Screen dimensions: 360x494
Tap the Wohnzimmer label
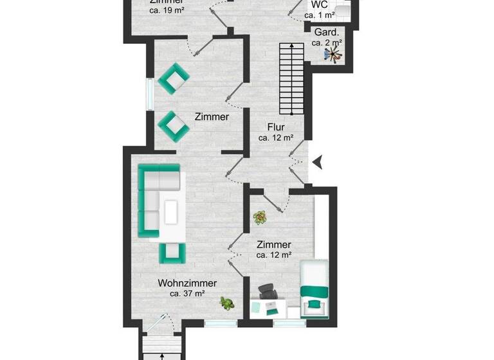tap(187, 283)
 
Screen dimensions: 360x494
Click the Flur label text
tap(276, 127)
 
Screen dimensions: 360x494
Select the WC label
tap(320, 4)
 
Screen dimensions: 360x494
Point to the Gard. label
tap(326, 32)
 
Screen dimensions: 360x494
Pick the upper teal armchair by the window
tap(174, 78)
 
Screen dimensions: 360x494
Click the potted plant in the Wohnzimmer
tap(226, 302)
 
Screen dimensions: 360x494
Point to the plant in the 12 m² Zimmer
tap(260, 217)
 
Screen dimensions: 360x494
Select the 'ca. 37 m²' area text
tap(187, 294)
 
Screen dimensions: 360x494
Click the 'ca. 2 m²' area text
tap(326, 43)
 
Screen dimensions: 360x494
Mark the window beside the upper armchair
tap(149, 95)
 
